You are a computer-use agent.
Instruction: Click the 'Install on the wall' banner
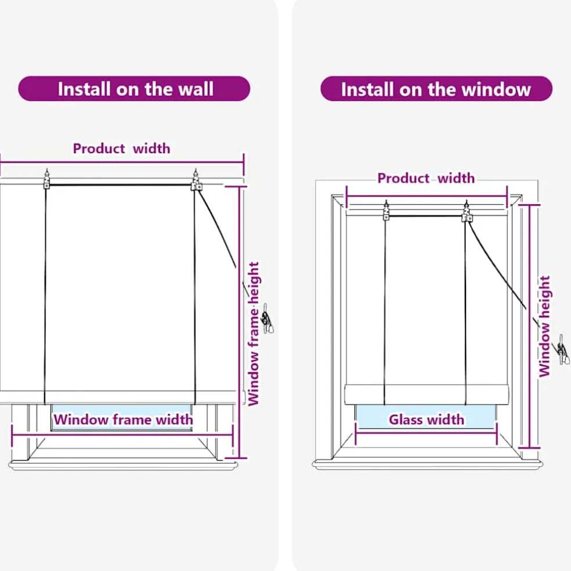(x=134, y=88)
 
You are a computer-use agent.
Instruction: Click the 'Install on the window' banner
(x=436, y=88)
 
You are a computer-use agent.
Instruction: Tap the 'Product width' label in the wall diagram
(x=121, y=149)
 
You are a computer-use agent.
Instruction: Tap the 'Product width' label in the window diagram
(x=426, y=178)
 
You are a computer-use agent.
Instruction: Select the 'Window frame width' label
(x=123, y=420)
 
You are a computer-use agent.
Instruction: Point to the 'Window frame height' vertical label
(x=254, y=334)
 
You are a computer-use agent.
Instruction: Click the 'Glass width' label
(x=427, y=420)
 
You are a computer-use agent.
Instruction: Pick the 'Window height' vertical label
(x=544, y=326)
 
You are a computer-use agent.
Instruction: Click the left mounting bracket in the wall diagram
(x=46, y=179)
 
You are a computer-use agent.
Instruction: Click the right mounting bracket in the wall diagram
(x=196, y=180)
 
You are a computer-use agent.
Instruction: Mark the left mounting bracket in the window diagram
(x=386, y=211)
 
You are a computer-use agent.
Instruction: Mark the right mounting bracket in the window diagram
(x=467, y=211)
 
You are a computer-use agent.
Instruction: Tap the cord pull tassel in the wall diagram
(x=268, y=319)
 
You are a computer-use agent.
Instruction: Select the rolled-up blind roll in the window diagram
(x=427, y=394)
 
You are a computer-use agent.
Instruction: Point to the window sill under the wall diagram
(x=123, y=465)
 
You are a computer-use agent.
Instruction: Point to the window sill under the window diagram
(x=428, y=465)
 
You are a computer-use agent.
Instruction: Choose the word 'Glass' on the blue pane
(x=404, y=420)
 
